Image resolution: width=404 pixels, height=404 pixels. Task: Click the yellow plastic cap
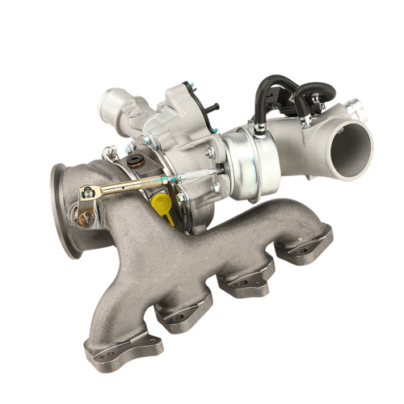pos(163,207)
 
